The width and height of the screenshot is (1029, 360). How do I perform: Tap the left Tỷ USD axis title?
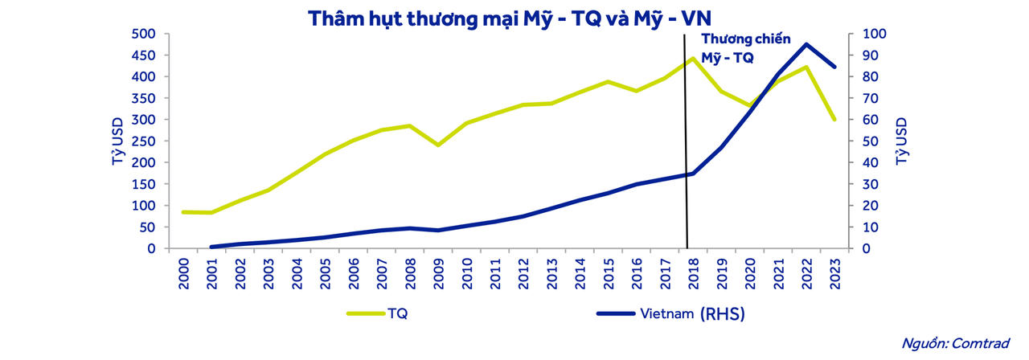[x=118, y=141]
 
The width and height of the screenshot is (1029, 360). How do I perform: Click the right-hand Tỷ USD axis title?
[x=901, y=141]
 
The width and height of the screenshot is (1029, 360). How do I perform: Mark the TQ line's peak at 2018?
[x=692, y=58]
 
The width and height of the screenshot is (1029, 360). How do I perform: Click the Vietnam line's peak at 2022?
[x=806, y=44]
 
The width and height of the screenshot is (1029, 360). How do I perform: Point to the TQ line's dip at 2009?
[x=437, y=145]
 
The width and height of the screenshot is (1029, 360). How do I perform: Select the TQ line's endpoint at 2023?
[x=834, y=119]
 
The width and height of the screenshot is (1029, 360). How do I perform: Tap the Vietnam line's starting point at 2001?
[x=211, y=247]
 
